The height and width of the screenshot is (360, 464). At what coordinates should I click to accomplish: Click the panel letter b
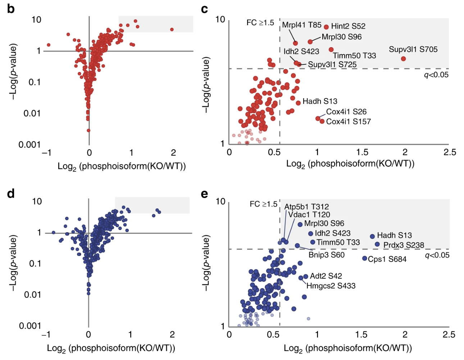pyautogui.click(x=11, y=9)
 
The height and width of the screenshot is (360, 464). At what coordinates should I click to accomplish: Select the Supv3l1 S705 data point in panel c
pyautogui.click(x=403, y=59)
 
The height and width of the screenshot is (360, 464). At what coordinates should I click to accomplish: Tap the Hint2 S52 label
pyautogui.click(x=348, y=26)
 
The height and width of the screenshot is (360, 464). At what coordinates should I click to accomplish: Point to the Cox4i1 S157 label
pyautogui.click(x=348, y=122)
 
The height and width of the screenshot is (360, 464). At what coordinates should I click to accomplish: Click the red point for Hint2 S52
pyautogui.click(x=326, y=27)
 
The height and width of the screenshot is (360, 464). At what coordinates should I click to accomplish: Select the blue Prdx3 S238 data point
pyautogui.click(x=377, y=244)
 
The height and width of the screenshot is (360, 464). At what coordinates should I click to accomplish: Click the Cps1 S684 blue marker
pyautogui.click(x=365, y=258)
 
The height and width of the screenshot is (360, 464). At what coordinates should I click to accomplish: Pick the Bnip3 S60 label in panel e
pyautogui.click(x=327, y=255)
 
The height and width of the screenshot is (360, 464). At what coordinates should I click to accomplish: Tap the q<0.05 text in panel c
pyautogui.click(x=436, y=75)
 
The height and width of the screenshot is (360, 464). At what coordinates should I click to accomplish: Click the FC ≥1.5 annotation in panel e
pyautogui.click(x=263, y=204)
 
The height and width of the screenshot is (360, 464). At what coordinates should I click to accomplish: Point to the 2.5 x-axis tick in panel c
pyautogui.click(x=450, y=152)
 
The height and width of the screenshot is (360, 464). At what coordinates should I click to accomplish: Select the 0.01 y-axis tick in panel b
pyautogui.click(x=32, y=113)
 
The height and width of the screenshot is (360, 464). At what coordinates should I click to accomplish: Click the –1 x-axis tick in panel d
pyautogui.click(x=46, y=334)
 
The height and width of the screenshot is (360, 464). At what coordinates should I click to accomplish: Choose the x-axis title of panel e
pyautogui.click(x=348, y=348)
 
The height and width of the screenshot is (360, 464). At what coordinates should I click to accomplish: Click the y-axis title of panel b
pyautogui.click(x=13, y=72)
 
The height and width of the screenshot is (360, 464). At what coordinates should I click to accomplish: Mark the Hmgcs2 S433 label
pyautogui.click(x=331, y=286)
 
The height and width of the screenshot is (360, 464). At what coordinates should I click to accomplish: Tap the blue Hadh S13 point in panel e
pyautogui.click(x=372, y=237)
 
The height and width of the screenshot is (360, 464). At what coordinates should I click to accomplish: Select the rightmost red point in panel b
pyautogui.click(x=172, y=30)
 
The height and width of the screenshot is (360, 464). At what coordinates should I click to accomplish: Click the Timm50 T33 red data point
pyautogui.click(x=331, y=50)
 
